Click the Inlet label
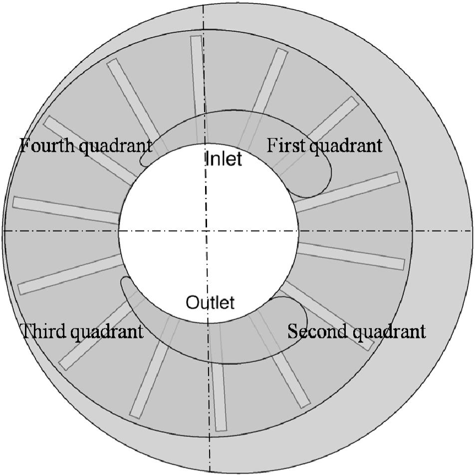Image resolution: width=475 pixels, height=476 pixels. coord(223,159)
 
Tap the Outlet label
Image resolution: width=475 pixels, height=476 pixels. coord(210,302)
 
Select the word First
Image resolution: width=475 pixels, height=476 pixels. coord(284,146)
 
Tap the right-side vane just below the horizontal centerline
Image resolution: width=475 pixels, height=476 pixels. coord(352,256)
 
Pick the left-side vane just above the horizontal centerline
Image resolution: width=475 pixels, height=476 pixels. coord(65,210)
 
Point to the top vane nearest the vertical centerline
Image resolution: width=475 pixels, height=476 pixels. coord(198,75)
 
